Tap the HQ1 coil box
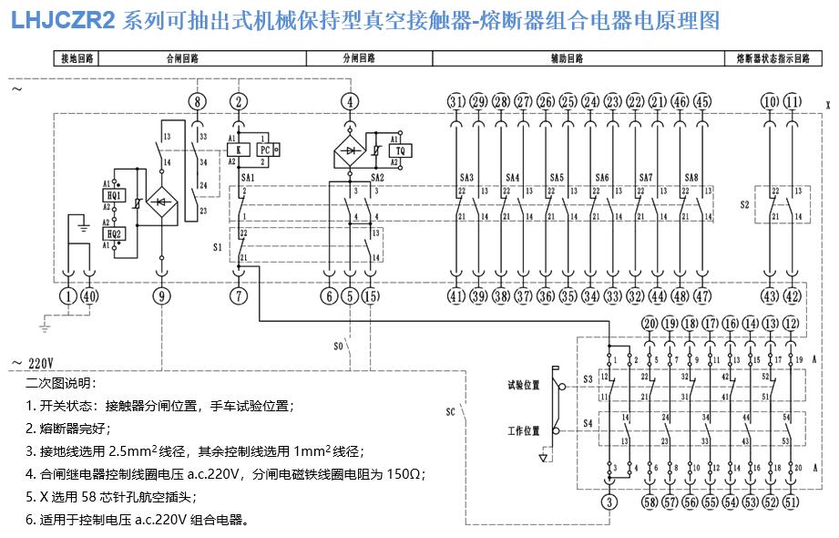tap(114, 193)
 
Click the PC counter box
tap(266, 150)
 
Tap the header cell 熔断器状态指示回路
tap(772, 58)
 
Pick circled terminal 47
tap(702, 295)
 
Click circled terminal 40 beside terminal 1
tap(89, 295)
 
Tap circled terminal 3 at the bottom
tap(609, 502)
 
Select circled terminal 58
tap(650, 502)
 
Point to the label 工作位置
tap(524, 430)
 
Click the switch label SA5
tap(557, 177)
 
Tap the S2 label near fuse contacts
tap(744, 204)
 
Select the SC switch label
tap(450, 410)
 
